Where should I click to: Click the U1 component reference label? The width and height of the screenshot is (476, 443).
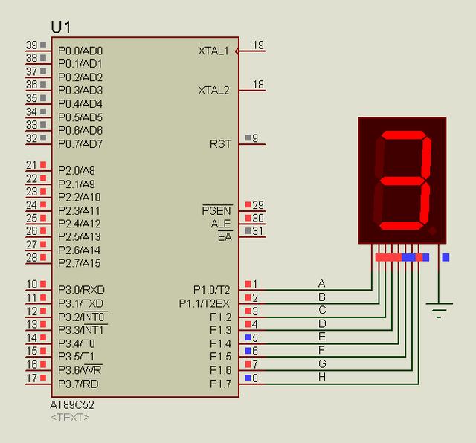pos(62,27)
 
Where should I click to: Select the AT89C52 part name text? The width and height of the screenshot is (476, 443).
pos(72,405)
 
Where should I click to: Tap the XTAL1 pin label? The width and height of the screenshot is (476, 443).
pos(213,51)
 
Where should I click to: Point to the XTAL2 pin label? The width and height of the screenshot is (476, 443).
pos(213,90)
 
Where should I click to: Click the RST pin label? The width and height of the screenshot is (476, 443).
pos(220,143)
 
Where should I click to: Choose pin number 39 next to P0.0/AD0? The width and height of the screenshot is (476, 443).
pos(31,45)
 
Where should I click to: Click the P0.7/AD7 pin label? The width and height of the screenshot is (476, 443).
pos(80,143)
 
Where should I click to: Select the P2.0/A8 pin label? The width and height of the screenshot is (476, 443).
pos(77,170)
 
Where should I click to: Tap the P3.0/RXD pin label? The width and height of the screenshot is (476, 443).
pos(81,289)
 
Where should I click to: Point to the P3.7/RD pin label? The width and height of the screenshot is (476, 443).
pos(79,383)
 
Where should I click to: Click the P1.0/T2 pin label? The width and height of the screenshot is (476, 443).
pos(212,289)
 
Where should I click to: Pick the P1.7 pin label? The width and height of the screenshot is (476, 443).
pos(220,383)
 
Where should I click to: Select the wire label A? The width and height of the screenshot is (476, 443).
pos(322,283)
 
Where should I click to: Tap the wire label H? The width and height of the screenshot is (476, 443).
pos(322,377)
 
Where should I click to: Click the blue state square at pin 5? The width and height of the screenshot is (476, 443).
pos(248,337)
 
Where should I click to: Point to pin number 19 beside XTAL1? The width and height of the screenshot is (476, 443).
pos(258,45)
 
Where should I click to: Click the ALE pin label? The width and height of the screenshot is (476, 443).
pos(221,224)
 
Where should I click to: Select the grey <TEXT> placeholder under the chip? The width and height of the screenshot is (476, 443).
pos(70,418)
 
